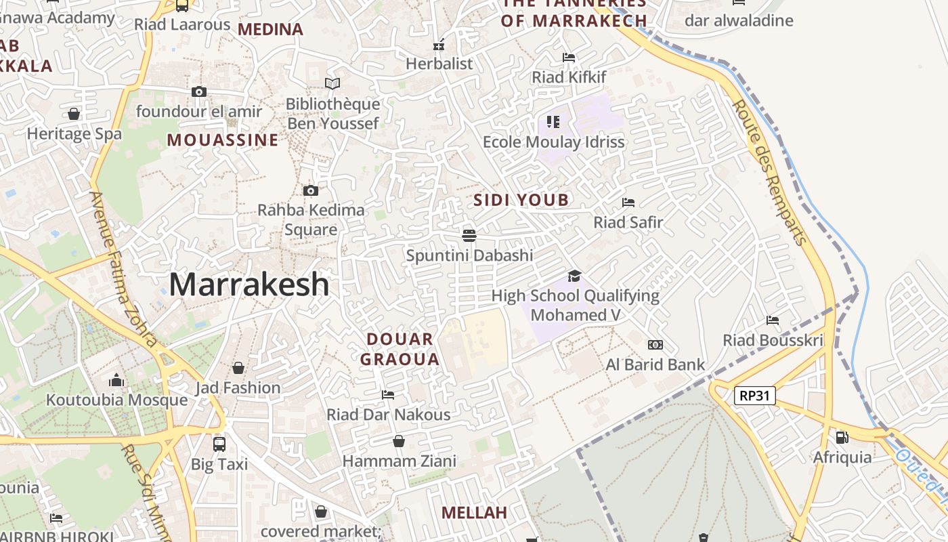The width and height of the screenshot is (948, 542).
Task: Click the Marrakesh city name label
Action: (249, 284)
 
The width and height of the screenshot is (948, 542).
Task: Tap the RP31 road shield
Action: (754, 396)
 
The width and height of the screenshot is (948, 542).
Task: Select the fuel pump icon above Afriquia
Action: (842, 438)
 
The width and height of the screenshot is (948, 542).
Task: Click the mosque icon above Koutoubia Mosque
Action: (116, 380)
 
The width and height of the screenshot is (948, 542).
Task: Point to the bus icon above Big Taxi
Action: (219, 444)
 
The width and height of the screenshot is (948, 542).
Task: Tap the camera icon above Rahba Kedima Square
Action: (311, 190)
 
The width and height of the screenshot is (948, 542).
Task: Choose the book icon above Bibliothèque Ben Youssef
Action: (332, 84)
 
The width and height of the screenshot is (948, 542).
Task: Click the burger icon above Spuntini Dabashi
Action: (469, 236)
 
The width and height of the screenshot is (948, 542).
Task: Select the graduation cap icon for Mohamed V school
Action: (574, 276)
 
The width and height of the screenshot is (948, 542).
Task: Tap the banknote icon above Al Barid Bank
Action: (655, 345)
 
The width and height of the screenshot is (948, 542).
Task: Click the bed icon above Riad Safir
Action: (628, 203)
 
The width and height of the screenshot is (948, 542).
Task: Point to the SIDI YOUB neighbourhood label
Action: (521, 200)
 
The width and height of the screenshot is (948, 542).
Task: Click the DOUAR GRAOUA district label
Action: (400, 349)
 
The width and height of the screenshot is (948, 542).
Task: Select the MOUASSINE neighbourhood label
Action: (223, 140)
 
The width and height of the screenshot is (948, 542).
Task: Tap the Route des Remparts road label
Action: (770, 172)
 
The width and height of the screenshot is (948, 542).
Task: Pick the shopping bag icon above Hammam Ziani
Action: (399, 441)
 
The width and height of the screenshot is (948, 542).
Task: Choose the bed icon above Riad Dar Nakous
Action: (388, 395)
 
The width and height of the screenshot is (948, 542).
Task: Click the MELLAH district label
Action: (474, 513)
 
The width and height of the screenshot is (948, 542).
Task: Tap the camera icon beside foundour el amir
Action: (198, 91)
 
